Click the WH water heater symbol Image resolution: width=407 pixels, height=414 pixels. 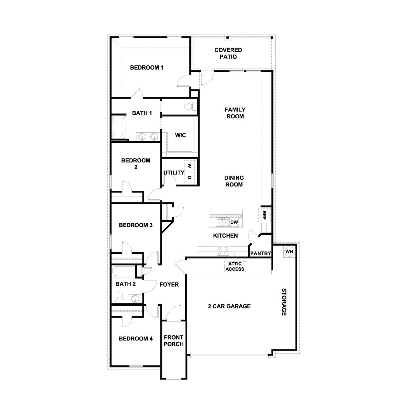(289, 251)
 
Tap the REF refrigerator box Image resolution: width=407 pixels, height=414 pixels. (264, 215)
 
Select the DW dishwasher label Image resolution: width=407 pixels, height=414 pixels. (234, 222)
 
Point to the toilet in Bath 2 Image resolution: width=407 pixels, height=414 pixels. (119, 298)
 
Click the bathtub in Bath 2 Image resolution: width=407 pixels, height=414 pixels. (123, 271)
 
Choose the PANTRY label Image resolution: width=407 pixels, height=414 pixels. (260, 253)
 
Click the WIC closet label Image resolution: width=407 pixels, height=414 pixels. (180, 135)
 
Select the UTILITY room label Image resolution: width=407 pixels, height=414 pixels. (173, 173)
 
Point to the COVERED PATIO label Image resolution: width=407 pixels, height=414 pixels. (228, 53)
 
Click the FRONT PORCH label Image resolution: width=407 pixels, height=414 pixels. (173, 341)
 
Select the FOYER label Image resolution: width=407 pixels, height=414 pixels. (169, 285)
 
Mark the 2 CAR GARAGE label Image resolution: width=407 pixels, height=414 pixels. (229, 306)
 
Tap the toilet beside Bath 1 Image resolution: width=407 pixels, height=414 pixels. (189, 106)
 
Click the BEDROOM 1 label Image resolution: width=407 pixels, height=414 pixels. (147, 68)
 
